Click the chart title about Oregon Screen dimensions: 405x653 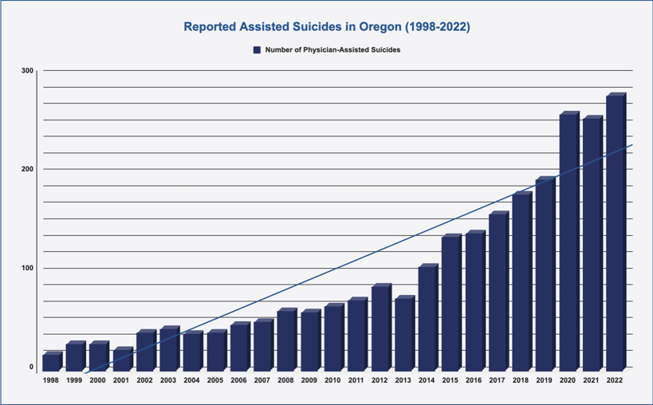click(327, 27)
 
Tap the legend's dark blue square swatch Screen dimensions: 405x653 click(257, 49)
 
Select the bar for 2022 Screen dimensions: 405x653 click(615, 233)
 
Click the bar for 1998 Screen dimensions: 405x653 click(51, 362)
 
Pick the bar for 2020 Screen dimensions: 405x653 click(568, 242)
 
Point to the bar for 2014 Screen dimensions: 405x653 click(427, 318)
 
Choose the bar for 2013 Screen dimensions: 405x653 click(403, 334)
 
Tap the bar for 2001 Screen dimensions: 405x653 click(121, 360)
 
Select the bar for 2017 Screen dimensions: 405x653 click(498, 292)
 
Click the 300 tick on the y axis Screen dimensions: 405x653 click(28, 71)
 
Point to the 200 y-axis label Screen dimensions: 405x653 click(28, 169)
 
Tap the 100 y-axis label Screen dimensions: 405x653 click(28, 268)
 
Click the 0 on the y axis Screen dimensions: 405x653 click(32, 367)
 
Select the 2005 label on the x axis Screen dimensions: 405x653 click(215, 380)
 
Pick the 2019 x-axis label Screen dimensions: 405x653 click(545, 380)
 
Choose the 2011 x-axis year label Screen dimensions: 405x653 click(356, 380)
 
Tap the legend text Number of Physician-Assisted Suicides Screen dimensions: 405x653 click(332, 49)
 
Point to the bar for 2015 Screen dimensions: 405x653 click(450, 304)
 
